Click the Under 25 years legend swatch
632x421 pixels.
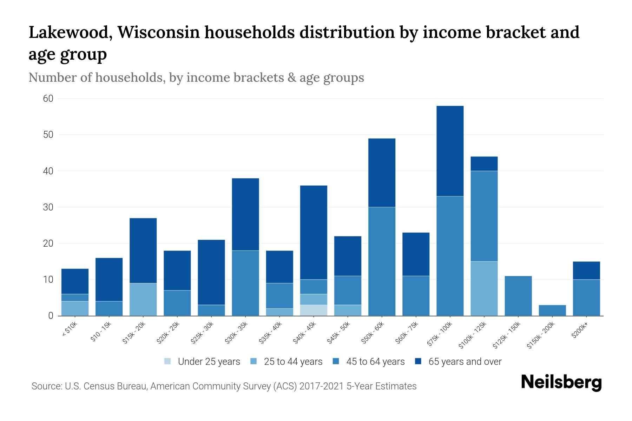pyautogui.click(x=168, y=361)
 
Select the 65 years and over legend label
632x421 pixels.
pyautogui.click(x=465, y=361)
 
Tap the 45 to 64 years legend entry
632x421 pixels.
pyautogui.click(x=375, y=361)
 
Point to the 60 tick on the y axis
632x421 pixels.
pyautogui.click(x=48, y=99)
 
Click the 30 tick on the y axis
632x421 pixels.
pyautogui.click(x=48, y=207)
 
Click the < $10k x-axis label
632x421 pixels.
pyautogui.click(x=70, y=330)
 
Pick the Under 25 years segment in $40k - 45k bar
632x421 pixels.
pyautogui.click(x=314, y=310)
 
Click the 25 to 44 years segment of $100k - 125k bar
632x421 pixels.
pyautogui.click(x=484, y=288)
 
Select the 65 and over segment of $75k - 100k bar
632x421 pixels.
pyautogui.click(x=450, y=151)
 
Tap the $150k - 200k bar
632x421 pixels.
pyautogui.click(x=552, y=310)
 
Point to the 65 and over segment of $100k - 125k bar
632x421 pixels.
pyautogui.click(x=484, y=163)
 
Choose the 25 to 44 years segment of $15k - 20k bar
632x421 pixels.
pyautogui.click(x=143, y=299)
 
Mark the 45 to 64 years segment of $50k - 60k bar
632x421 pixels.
pyautogui.click(x=382, y=261)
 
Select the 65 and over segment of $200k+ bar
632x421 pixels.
pyautogui.click(x=586, y=270)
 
